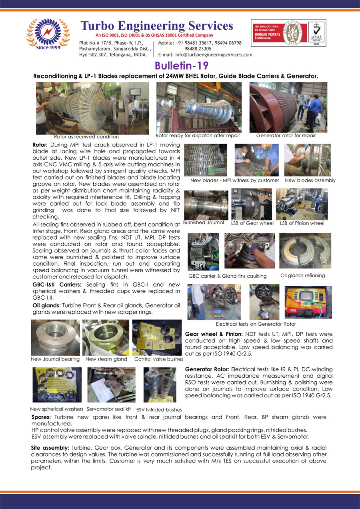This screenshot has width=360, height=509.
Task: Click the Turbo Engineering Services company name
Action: pyautogui.click(x=157, y=26)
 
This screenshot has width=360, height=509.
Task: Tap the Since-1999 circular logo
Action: pyautogui.click(x=48, y=35)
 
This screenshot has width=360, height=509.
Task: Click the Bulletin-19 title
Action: pyautogui.click(x=181, y=65)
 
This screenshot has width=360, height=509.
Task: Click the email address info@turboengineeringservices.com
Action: pyautogui.click(x=205, y=55)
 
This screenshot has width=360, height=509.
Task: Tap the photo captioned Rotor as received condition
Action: pyautogui.click(x=92, y=108)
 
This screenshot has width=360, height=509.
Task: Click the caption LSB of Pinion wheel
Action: pyautogui.click(x=302, y=223)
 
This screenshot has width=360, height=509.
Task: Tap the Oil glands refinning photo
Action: pyautogui.click(x=302, y=251)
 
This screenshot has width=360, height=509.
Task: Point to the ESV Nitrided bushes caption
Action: pyautogui.click(x=159, y=409)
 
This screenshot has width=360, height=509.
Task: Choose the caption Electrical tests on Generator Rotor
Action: pyautogui.click(x=256, y=324)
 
